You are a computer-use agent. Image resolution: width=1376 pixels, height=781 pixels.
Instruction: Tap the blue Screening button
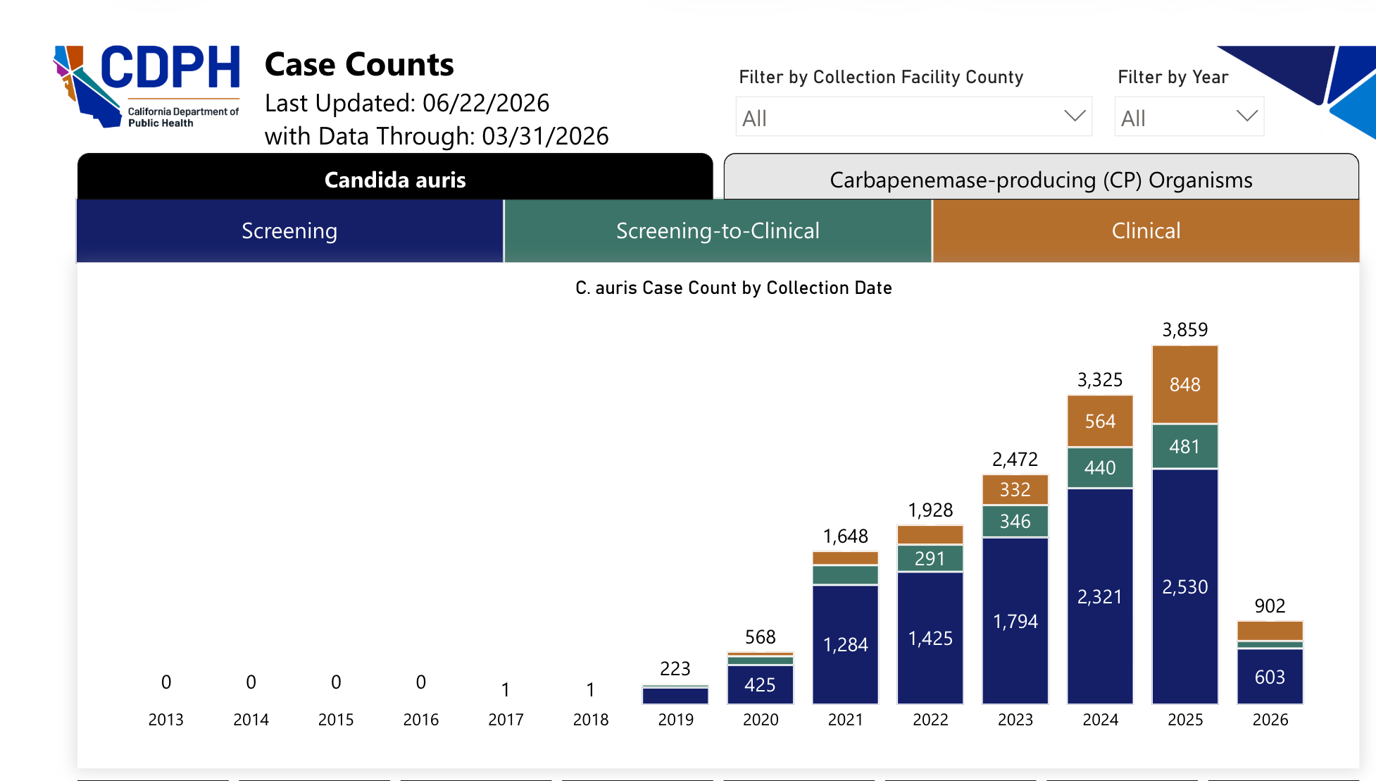pos(289,230)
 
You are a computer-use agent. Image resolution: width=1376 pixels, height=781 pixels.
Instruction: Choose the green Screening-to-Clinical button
pos(718,230)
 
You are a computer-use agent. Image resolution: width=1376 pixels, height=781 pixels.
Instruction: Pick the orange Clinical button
pos(1146,230)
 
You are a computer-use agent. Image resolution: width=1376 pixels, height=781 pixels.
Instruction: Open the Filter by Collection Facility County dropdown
pos(914,116)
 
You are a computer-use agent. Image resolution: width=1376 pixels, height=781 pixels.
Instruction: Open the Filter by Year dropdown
pos(1189,116)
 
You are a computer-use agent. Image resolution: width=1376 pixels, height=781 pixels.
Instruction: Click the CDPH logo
pos(147,86)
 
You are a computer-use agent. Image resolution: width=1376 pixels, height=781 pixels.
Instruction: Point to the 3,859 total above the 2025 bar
pos(1184,329)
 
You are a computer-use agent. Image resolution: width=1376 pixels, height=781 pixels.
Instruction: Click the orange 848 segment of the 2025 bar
pos(1184,384)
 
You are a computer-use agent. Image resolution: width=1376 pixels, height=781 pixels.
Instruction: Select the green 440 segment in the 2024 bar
pos(1100,467)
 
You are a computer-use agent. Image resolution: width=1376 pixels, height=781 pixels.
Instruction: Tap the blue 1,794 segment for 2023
pos(1015,620)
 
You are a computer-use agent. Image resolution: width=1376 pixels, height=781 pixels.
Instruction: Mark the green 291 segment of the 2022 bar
pos(930,558)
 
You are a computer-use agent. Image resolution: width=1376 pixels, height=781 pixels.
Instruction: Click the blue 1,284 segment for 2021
pos(845,644)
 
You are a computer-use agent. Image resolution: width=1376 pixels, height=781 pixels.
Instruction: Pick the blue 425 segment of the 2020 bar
pos(760,684)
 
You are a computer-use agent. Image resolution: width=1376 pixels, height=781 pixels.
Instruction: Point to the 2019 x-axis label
pos(675,720)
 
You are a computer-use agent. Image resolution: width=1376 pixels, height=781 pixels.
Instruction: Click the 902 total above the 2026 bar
pos(1270,605)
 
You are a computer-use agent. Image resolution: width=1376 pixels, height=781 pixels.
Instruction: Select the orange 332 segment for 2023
pos(1015,489)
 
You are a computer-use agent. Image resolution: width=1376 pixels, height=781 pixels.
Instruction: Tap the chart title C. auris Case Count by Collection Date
pos(734,288)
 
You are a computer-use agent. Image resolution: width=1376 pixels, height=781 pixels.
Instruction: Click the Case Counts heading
pos(359,64)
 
